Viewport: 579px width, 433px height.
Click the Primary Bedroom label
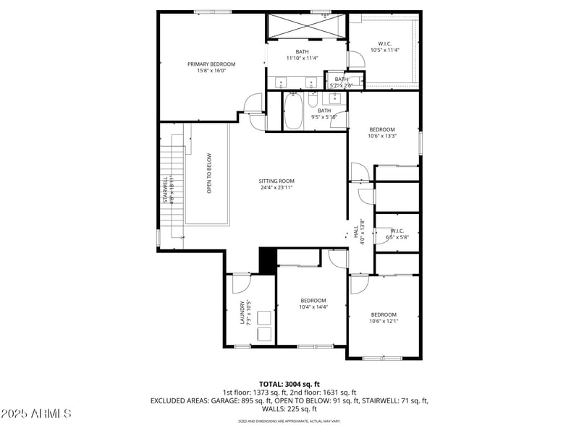[x=211, y=67]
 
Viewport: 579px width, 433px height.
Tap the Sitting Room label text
[x=277, y=184]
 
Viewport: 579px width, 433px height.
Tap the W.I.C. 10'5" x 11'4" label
[x=384, y=47]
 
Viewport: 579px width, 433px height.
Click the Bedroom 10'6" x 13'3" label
[x=381, y=132]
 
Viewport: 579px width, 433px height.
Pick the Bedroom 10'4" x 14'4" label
[x=313, y=304]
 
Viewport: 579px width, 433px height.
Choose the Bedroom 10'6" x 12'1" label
[x=384, y=318]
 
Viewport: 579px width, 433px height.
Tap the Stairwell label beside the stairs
[x=166, y=189]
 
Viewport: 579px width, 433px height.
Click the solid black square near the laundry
[x=267, y=260]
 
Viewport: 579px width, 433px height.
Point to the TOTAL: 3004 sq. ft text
[x=289, y=384]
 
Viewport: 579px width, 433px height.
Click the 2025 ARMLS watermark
[x=36, y=414]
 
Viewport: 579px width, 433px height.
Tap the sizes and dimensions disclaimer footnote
[x=289, y=421]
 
